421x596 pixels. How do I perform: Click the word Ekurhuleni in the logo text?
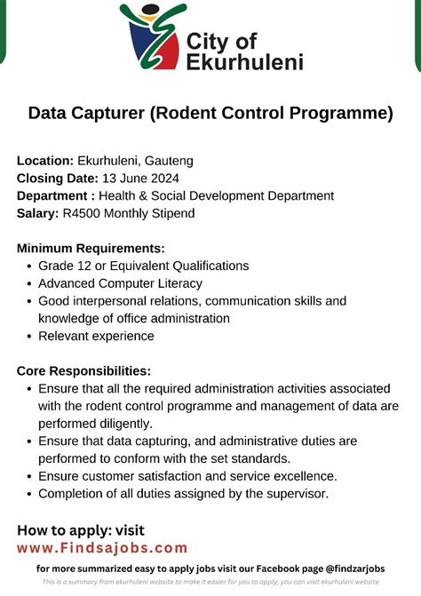point(246,61)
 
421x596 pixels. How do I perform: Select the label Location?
point(45,161)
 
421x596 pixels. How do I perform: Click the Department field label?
point(56,195)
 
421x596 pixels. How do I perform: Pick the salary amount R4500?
point(83,213)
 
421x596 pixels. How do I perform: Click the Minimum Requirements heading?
point(91,248)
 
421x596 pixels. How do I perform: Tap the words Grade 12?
point(65,266)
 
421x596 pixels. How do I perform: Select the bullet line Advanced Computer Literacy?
point(120,283)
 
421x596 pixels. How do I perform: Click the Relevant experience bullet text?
point(96,336)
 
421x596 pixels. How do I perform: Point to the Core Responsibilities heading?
point(83,370)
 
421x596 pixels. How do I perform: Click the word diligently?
point(123,424)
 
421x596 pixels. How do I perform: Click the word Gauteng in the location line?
point(168,161)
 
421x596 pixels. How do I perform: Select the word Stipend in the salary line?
point(170,213)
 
